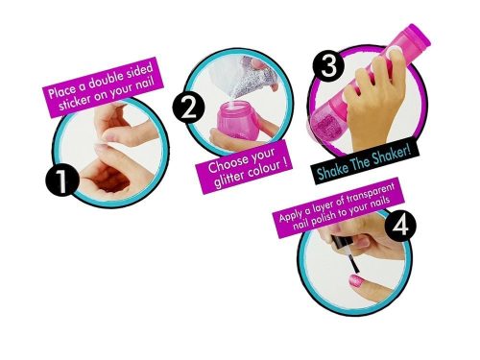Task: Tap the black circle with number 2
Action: tap(190, 107)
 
